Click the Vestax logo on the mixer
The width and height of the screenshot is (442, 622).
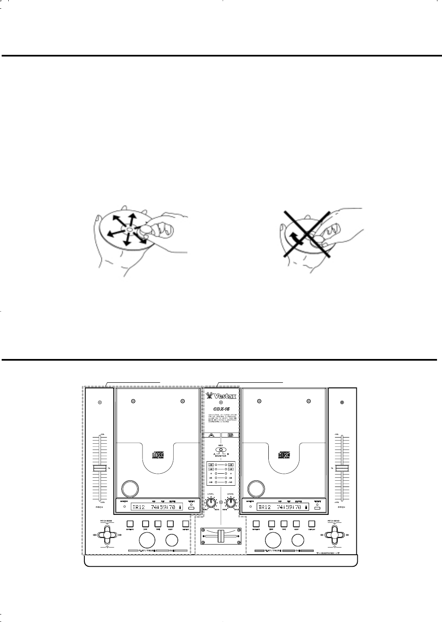coord(221,395)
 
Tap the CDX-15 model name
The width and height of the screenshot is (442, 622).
coord(221,408)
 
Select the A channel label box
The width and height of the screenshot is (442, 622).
coord(211,435)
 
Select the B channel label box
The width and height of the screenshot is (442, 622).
coord(231,435)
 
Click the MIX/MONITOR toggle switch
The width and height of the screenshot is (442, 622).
coord(221,449)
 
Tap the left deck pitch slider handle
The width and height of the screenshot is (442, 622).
coord(100,468)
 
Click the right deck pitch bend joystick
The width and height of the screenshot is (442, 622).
coord(334,535)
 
